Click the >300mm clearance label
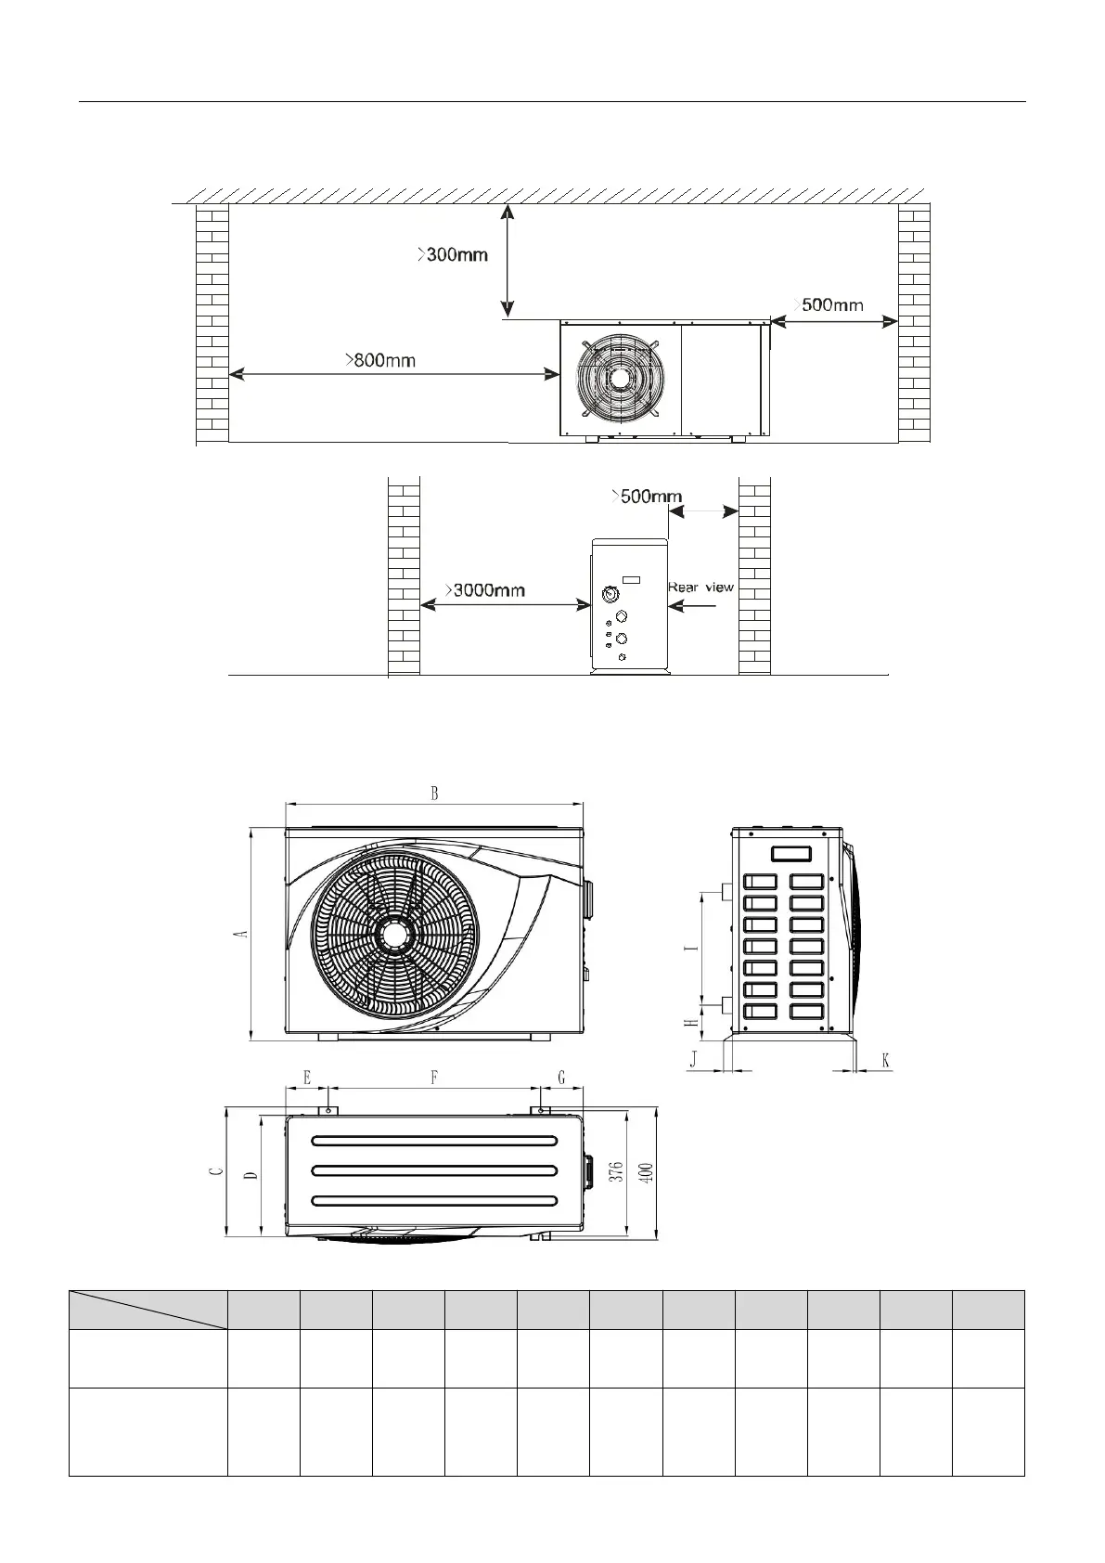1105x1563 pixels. pos(452,254)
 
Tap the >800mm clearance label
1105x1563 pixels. pos(380,360)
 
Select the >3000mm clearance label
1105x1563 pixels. pos(484,589)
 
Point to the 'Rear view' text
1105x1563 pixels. pos(700,587)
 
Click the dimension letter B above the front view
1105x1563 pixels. pos(433,794)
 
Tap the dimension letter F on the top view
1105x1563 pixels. pos(433,1078)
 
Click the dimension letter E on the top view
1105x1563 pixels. pos(307,1078)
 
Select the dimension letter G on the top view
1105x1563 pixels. pos(561,1078)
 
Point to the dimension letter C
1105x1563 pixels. pos(216,1171)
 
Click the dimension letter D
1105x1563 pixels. pos(251,1175)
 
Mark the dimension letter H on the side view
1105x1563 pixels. pos(689,1023)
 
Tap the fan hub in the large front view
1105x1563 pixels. pos(396,932)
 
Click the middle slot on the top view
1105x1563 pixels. pos(434,1169)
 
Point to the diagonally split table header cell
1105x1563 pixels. pos(148,1309)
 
